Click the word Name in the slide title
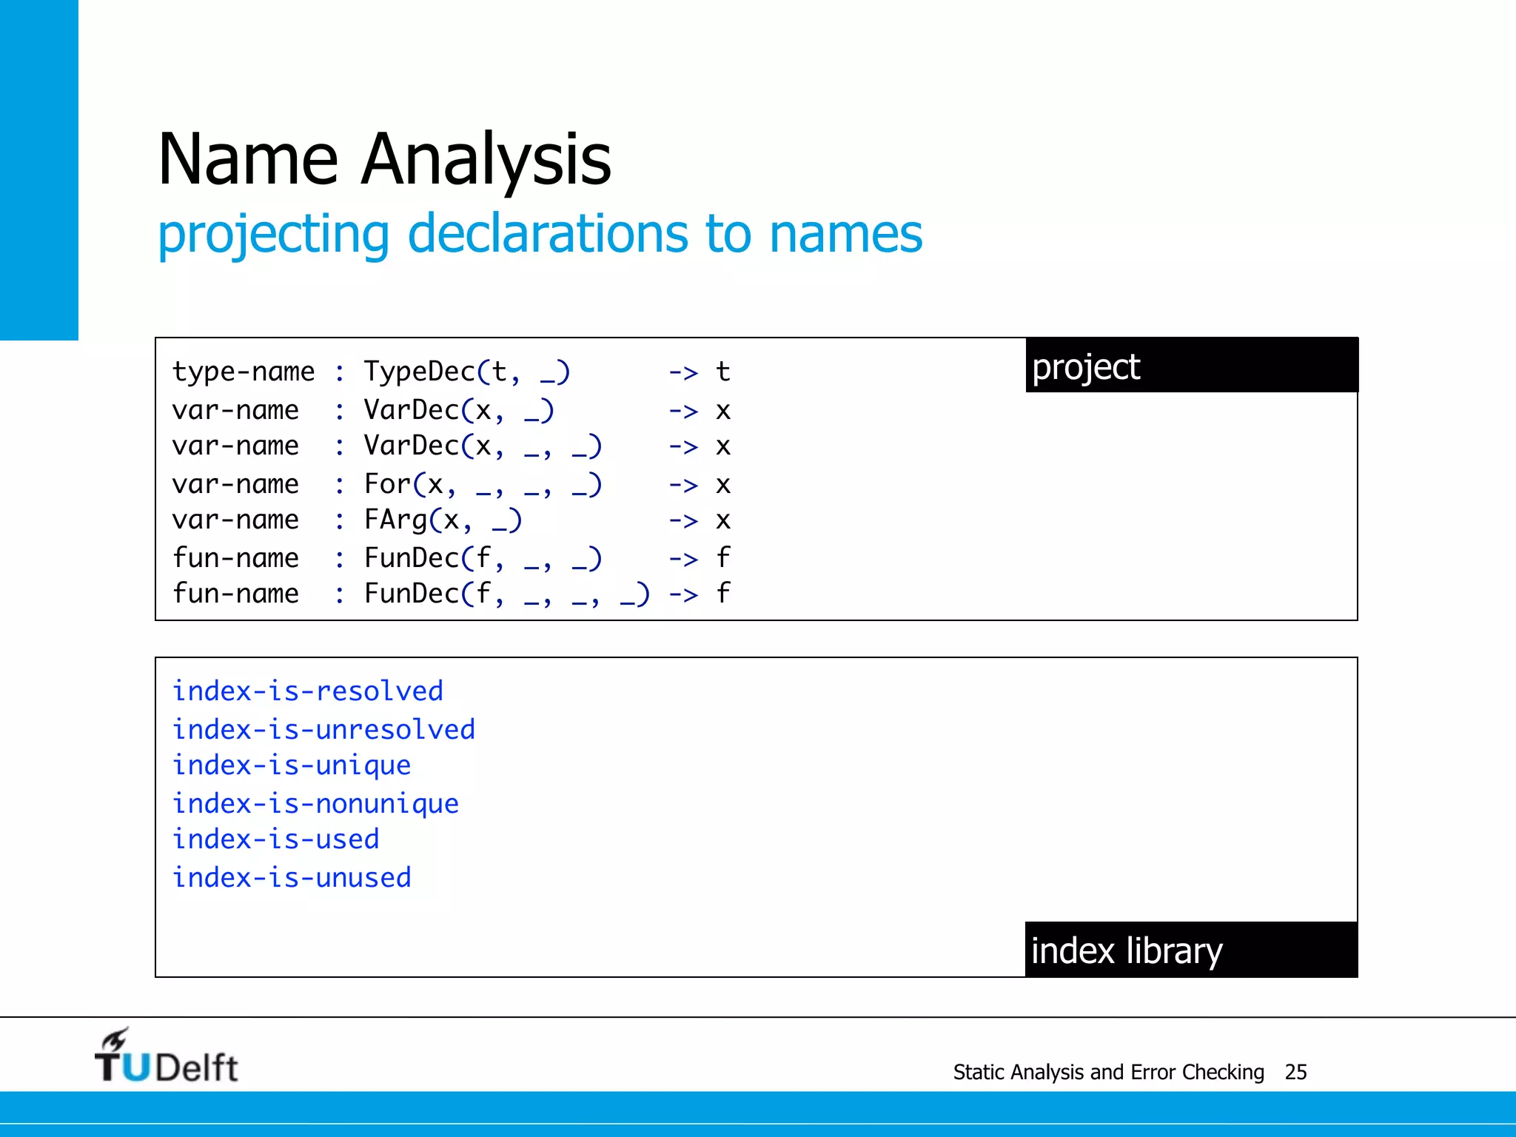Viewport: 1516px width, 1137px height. click(248, 159)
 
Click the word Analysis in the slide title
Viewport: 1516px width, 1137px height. click(486, 159)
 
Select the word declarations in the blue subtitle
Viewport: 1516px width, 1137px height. click(547, 234)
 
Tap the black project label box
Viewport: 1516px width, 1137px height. click(1191, 366)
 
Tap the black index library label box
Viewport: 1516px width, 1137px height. click(1191, 950)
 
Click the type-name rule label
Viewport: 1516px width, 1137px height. click(244, 372)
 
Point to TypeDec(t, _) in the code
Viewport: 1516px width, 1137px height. click(466, 372)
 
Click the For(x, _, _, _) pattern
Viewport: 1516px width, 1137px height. click(483, 485)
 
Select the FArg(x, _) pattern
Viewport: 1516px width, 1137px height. click(443, 520)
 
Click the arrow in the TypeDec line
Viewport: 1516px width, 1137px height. click(683, 372)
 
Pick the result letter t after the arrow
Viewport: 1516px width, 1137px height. click(723, 372)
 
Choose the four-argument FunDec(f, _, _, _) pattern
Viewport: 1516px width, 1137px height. click(506, 594)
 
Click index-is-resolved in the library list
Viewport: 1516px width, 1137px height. click(308, 691)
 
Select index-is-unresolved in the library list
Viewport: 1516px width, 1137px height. click(323, 730)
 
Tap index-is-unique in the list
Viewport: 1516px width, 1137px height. click(292, 765)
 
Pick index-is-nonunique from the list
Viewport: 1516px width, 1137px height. click(315, 804)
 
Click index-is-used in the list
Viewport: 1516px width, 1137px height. click(275, 839)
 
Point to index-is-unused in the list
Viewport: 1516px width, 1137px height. click(292, 878)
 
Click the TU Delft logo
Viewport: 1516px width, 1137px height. click(166, 1057)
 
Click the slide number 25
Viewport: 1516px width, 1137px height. click(1295, 1072)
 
